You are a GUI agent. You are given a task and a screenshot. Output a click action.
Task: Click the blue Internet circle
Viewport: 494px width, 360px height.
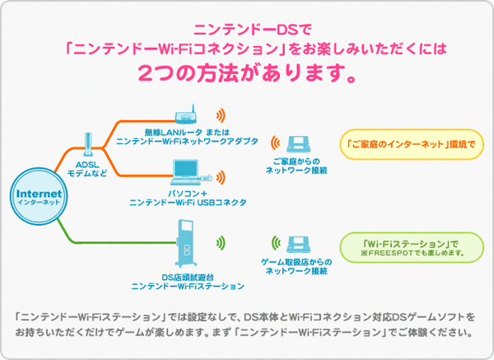pos(39,196)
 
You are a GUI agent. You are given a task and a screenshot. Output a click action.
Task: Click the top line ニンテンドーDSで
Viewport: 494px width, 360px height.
pos(247,31)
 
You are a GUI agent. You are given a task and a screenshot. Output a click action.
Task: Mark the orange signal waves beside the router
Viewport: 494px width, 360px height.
pos(221,116)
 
